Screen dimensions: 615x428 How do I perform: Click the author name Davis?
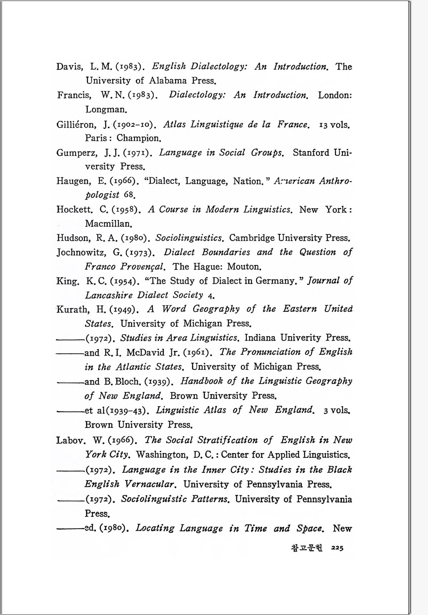pos(69,66)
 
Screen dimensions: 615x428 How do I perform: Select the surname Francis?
pos(74,95)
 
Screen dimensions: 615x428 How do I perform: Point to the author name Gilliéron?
pos(76,124)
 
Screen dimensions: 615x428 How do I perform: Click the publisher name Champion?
pos(139,138)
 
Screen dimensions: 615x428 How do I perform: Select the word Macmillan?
pos(108,224)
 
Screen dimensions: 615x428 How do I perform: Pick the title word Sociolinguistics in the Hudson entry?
pos(189,238)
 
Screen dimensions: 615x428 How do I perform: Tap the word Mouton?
pos(244,266)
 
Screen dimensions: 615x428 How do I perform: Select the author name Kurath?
pos(72,309)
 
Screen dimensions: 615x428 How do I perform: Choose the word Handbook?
pos(202,381)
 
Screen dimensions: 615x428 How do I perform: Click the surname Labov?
pos(70,440)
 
